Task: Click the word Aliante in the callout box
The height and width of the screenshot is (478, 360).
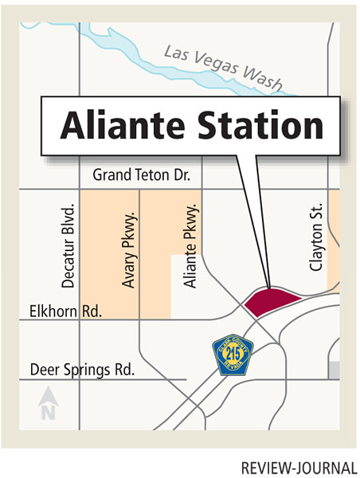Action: tap(110, 125)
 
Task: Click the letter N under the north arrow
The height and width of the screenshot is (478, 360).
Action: tap(47, 412)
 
